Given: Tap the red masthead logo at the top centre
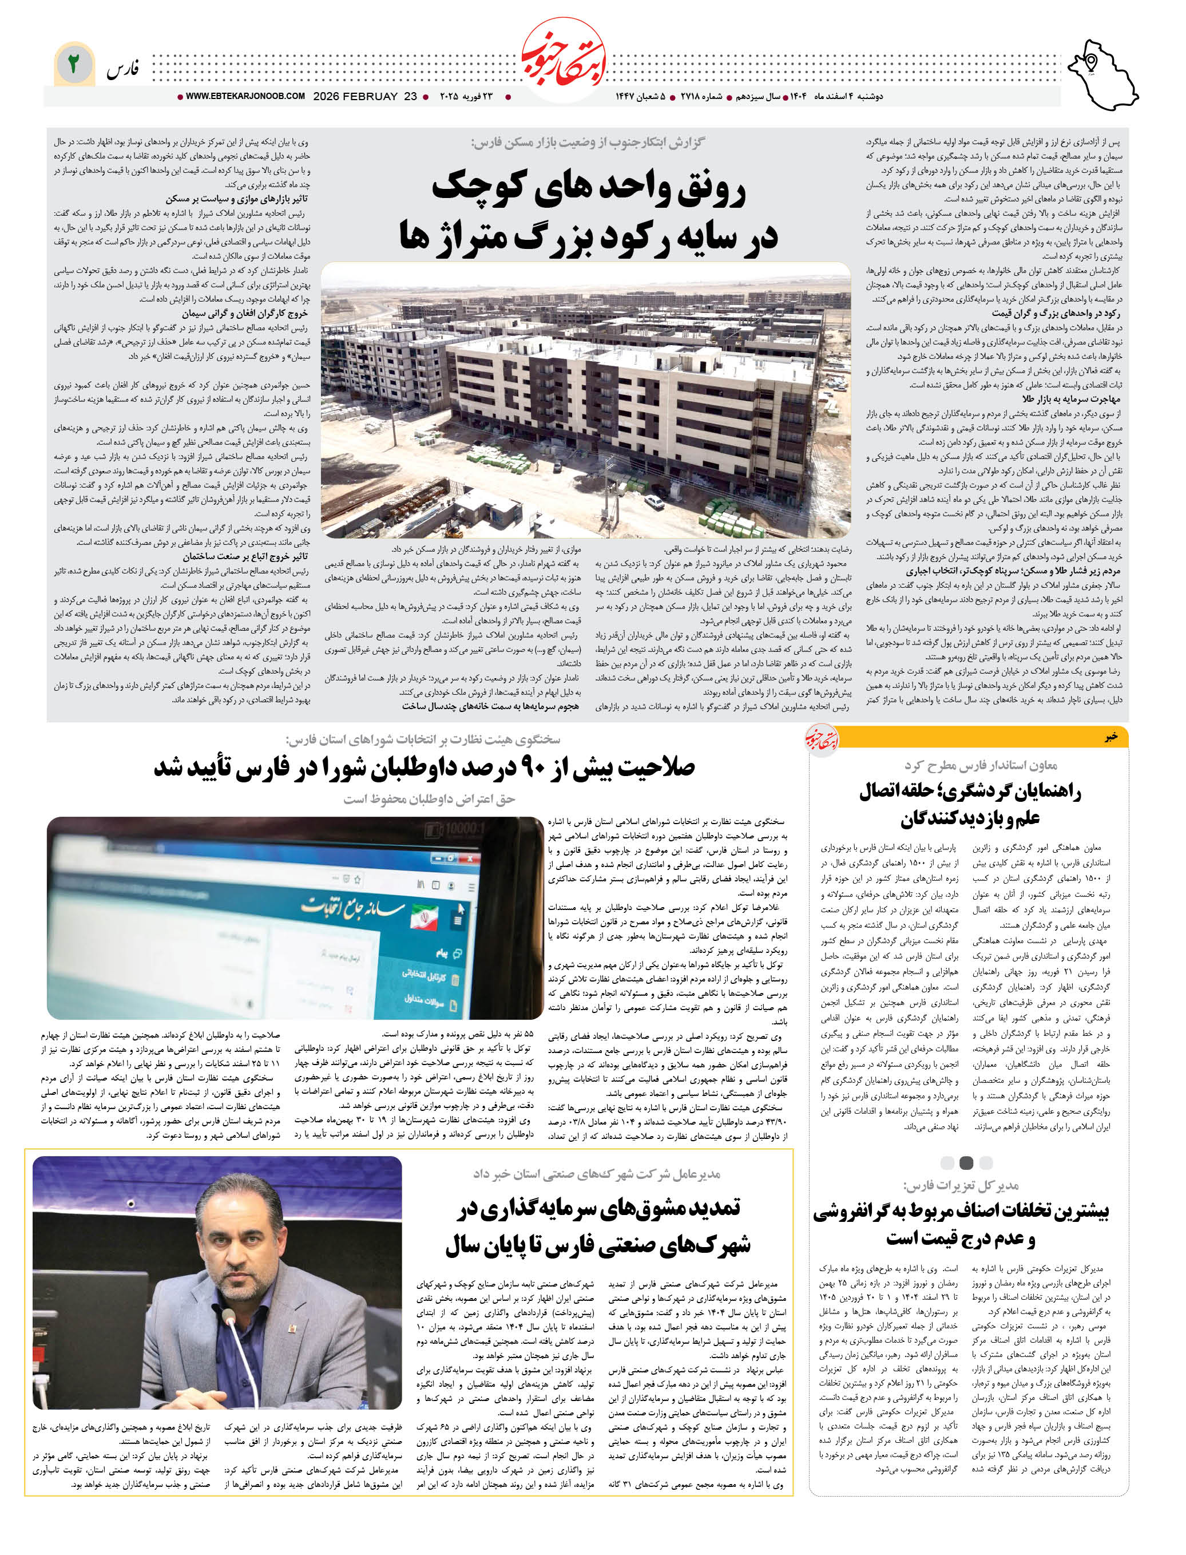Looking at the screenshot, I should (x=564, y=61).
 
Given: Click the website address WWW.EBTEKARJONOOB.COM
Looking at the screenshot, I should (x=245, y=96).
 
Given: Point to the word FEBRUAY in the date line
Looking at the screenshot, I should (x=371, y=97).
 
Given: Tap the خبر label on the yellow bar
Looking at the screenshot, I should (x=1111, y=737).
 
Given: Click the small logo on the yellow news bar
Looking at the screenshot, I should (x=823, y=739).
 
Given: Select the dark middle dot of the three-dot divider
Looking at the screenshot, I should (x=966, y=1162).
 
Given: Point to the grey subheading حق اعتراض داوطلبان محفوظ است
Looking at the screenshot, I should (x=429, y=799).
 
